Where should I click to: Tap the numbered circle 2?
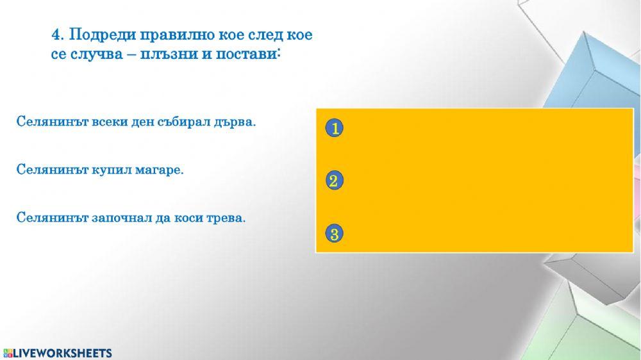[x=333, y=181]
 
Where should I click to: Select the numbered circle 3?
[x=334, y=234]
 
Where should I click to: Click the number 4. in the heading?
[x=57, y=35]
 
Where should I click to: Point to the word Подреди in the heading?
[x=97, y=35]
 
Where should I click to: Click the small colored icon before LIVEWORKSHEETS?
[x=8, y=353]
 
